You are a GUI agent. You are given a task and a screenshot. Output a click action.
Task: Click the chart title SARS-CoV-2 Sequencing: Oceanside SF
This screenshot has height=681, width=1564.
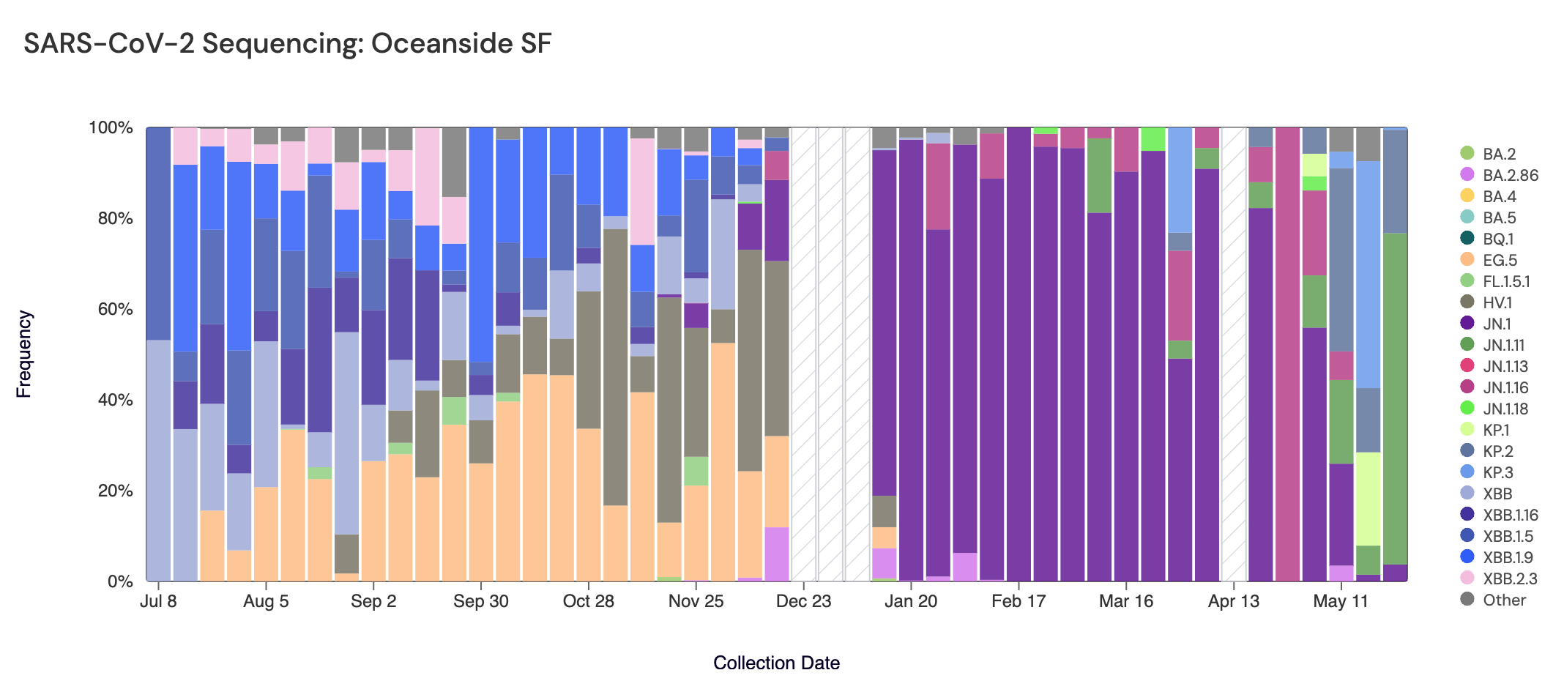(x=287, y=44)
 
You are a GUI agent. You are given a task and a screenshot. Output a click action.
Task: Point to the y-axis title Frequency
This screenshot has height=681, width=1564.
(x=24, y=354)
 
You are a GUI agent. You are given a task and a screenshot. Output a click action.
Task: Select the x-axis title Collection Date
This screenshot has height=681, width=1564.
(x=776, y=663)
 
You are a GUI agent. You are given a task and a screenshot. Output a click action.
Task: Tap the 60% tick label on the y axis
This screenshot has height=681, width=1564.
(x=111, y=309)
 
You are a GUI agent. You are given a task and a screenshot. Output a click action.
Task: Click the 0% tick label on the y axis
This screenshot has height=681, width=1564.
(x=120, y=581)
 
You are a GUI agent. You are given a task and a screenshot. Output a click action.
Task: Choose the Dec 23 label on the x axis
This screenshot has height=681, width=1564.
(x=803, y=601)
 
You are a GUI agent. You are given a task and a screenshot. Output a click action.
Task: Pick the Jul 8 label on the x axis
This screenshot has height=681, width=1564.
(x=158, y=601)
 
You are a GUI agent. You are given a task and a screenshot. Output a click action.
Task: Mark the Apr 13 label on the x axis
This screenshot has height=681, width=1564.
(x=1234, y=601)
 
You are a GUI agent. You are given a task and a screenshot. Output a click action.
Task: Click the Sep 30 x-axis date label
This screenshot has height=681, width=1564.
(x=480, y=601)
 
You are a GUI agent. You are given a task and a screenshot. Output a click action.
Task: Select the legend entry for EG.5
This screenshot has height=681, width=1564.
(x=1500, y=260)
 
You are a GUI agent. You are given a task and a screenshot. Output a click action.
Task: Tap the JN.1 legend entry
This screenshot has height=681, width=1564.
(x=1497, y=324)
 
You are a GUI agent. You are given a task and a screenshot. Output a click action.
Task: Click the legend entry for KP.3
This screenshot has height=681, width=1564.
(x=1497, y=472)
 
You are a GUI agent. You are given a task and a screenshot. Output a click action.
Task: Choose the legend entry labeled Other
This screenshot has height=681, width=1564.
(x=1504, y=600)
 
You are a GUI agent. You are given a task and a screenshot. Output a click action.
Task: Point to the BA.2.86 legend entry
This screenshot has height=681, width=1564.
(x=1510, y=175)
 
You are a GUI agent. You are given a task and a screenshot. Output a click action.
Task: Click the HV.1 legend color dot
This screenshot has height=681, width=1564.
(x=1467, y=302)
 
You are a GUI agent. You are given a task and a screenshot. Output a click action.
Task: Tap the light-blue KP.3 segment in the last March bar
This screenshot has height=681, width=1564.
(x=1180, y=179)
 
